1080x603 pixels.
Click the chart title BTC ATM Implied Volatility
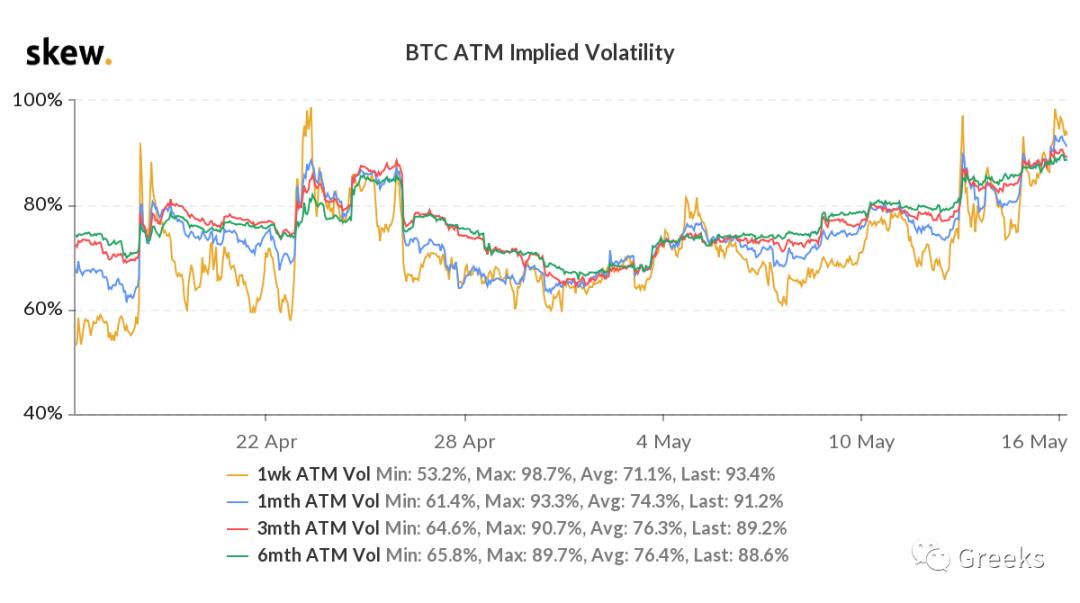coord(539,53)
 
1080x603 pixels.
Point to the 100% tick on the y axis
coord(37,100)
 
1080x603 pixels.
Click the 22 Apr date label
coord(265,441)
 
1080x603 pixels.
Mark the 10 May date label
coord(862,441)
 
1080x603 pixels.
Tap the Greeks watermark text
coord(1000,558)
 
